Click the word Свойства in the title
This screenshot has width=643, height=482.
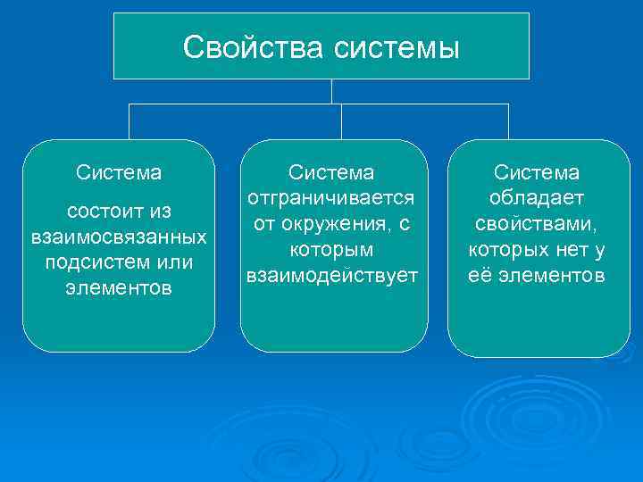pyautogui.click(x=255, y=47)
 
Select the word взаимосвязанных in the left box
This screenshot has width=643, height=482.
pyautogui.click(x=119, y=238)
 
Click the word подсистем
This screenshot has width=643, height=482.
pyautogui.click(x=93, y=263)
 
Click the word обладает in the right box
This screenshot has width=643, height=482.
pyautogui.click(x=537, y=197)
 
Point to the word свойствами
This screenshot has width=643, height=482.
pyautogui.click(x=537, y=223)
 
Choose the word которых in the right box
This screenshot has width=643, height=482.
pyautogui.click(x=506, y=249)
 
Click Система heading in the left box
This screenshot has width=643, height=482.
pyautogui.click(x=119, y=170)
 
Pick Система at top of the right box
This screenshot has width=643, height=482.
pyautogui.click(x=537, y=171)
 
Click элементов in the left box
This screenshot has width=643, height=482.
pyautogui.click(x=119, y=289)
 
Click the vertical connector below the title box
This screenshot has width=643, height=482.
pyautogui.click(x=331, y=91)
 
